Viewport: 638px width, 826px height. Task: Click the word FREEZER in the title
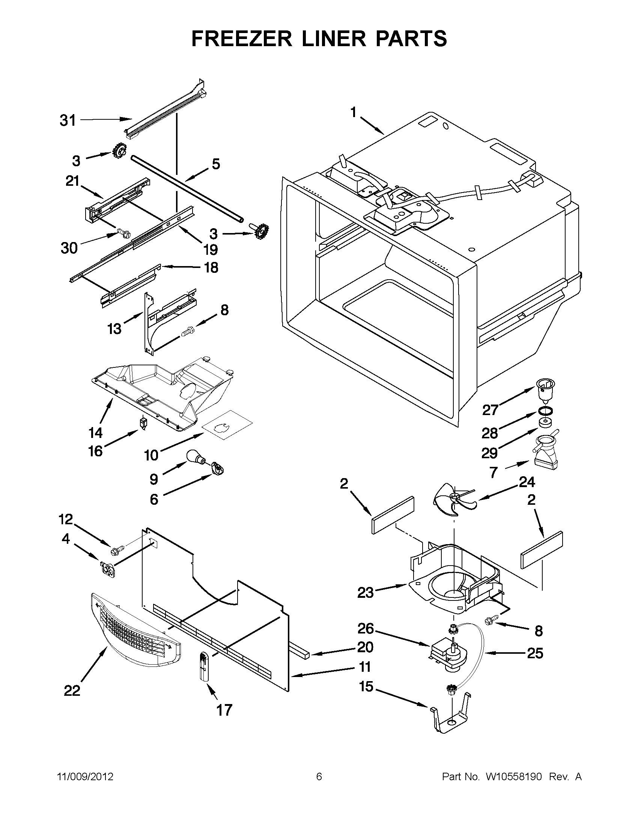pyautogui.click(x=242, y=39)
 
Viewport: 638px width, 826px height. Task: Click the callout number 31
pyautogui.click(x=68, y=120)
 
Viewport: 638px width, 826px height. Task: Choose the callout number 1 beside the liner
pyautogui.click(x=353, y=112)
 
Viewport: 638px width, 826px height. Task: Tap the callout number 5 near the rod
pyautogui.click(x=215, y=164)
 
